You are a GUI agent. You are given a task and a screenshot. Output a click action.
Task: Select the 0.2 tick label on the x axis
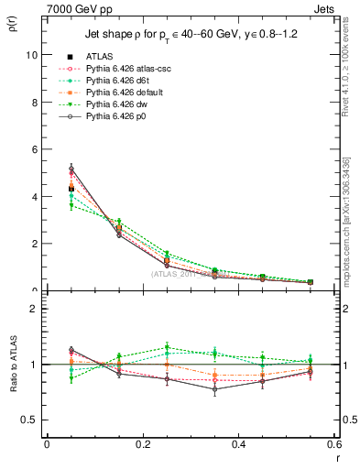142,444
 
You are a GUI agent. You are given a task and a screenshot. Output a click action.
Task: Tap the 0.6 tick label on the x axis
334,444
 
